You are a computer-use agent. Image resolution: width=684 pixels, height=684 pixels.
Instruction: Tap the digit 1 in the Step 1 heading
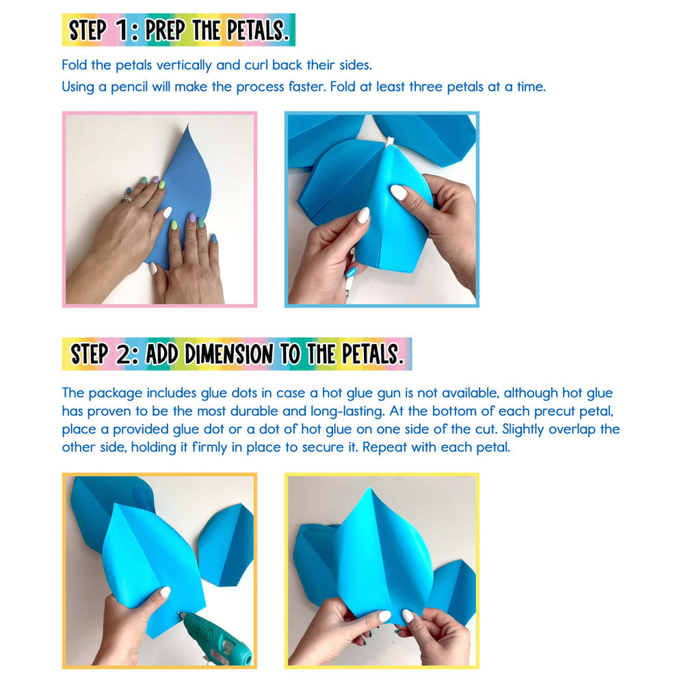tap(122, 31)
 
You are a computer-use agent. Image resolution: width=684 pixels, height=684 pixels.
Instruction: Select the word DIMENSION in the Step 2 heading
tap(229, 354)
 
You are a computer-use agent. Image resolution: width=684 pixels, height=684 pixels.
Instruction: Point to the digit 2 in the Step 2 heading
tap(123, 354)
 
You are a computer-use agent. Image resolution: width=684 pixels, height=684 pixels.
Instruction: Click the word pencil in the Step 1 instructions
tap(129, 88)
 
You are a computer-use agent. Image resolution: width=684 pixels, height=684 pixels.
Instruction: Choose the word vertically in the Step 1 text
tap(184, 66)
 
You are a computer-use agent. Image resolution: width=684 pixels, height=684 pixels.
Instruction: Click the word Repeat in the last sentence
tap(384, 447)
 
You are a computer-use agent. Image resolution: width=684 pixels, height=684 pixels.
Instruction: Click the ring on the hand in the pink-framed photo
tap(127, 198)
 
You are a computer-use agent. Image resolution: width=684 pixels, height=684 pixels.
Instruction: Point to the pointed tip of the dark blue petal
tap(188, 125)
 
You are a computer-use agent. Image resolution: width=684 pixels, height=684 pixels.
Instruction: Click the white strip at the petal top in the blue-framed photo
tap(390, 142)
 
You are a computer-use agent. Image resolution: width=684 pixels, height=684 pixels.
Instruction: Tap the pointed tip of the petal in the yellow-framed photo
tap(369, 488)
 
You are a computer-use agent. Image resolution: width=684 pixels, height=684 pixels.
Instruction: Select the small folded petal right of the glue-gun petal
tap(226, 545)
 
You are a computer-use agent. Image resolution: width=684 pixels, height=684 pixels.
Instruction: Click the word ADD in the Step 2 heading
tap(161, 354)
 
